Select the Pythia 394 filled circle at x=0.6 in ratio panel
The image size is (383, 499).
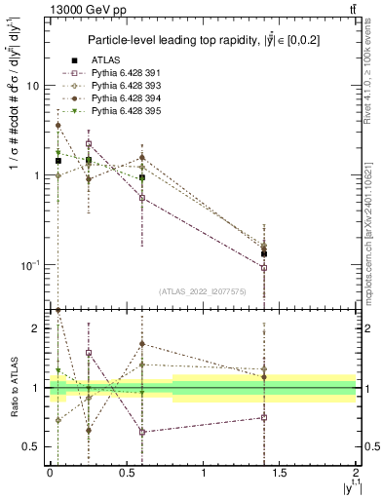click(x=142, y=344)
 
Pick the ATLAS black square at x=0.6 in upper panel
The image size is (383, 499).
click(x=142, y=177)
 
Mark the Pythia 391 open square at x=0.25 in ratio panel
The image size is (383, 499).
click(x=89, y=353)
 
